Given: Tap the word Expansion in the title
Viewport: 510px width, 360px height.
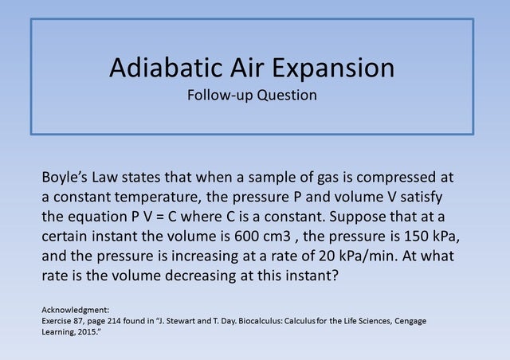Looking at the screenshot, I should coord(333,68).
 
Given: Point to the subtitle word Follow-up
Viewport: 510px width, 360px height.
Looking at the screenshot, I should coord(219,96).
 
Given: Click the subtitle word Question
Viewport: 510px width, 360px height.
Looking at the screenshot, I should coord(284,96).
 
